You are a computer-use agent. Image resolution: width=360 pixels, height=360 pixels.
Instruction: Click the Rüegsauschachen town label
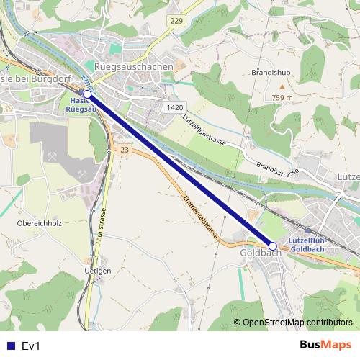pyautogui.click(x=134, y=66)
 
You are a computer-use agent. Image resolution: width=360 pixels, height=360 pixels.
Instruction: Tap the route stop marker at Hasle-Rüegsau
pyautogui.click(x=87, y=94)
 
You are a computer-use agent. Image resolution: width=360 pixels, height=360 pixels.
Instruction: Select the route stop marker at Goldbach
pyautogui.click(x=273, y=246)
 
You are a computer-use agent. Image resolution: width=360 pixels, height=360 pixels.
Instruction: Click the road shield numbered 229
pyautogui.click(x=176, y=22)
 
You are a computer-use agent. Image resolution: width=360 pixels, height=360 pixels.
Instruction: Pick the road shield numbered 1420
pyautogui.click(x=174, y=107)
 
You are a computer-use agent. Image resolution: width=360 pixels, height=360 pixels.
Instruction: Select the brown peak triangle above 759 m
pyautogui.click(x=282, y=86)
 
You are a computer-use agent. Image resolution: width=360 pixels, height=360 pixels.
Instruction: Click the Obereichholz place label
pyautogui.click(x=38, y=223)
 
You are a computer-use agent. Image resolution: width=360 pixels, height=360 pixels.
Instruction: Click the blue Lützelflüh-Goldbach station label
pyautogui.click(x=306, y=244)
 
